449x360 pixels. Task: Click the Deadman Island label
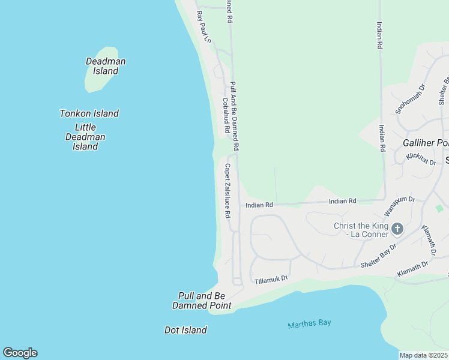(106, 66)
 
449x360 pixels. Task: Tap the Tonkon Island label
(89, 113)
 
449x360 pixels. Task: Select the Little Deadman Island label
(85, 137)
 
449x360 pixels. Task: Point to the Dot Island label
(185, 330)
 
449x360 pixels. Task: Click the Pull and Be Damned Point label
(201, 301)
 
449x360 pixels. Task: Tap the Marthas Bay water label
(309, 324)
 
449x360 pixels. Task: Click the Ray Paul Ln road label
(204, 26)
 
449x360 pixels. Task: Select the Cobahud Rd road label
(226, 115)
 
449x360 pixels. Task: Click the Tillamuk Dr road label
(271, 280)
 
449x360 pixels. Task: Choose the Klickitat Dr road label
(420, 158)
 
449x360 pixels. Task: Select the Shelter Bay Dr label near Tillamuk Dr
(378, 256)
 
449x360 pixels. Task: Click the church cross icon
(397, 229)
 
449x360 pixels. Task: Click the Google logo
(20, 353)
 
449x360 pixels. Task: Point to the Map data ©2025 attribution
(424, 355)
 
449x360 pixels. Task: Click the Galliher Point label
(426, 143)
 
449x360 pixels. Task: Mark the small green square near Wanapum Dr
(439, 208)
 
